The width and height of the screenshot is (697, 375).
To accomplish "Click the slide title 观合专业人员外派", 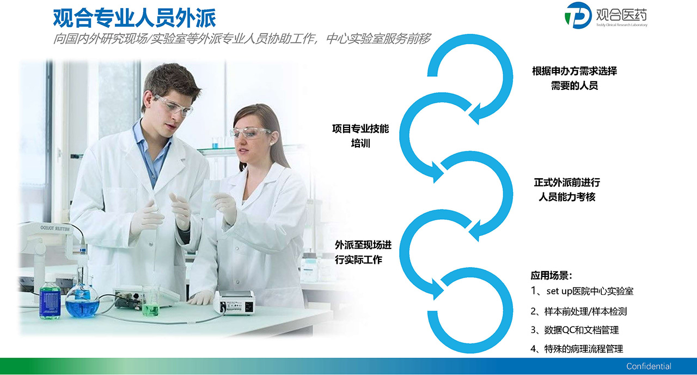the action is pos(134,18).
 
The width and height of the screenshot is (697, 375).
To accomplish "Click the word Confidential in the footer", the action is pos(649,366).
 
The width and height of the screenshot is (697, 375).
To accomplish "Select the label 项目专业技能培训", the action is pos(360,136).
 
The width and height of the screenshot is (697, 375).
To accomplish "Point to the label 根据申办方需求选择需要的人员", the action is pos(574,78).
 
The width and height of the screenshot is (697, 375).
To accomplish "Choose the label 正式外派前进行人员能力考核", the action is pos(567,189).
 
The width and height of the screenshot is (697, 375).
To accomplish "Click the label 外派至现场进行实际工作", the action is pos(363,252).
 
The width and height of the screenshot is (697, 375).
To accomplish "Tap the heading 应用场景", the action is pos(551,275).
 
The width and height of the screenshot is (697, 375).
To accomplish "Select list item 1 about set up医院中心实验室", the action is pos(582,291).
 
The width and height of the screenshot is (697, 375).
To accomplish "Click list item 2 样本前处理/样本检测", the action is pos(579,311).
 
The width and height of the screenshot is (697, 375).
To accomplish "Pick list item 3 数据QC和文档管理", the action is pos(574,330).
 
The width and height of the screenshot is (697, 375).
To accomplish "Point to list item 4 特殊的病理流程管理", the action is pos(577,349).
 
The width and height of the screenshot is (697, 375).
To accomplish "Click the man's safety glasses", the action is pos(173,105).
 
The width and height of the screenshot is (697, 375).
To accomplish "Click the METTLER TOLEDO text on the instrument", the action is pos(55,228).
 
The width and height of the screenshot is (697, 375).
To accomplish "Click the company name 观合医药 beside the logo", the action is pos(621,15).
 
